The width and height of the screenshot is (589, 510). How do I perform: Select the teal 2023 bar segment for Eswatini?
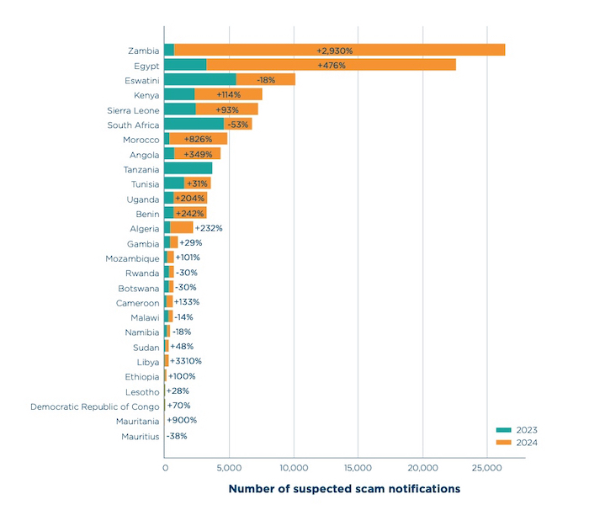pos(199,80)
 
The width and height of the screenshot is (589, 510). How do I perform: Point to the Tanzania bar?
pos(188,169)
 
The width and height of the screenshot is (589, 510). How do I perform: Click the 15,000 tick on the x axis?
pos(358,467)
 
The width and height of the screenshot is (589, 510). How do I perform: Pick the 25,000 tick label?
pos(486,467)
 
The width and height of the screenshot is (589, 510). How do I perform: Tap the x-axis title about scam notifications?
pos(345,488)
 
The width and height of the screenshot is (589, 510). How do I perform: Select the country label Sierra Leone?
pos(133,110)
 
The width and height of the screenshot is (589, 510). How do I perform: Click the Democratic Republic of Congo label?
pos(95,406)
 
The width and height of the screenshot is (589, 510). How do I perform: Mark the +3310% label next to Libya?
pos(185,361)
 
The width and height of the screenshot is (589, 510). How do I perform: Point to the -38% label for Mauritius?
pos(177,436)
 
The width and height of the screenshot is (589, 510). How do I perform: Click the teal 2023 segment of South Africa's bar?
pos(194,125)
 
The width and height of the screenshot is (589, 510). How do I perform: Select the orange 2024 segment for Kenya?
pos(229,95)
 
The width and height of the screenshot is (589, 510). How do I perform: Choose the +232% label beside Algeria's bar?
pos(209,228)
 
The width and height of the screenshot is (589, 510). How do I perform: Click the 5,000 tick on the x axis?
pos(229,467)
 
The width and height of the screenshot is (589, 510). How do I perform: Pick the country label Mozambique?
pos(133,258)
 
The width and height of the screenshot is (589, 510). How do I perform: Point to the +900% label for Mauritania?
pos(182,421)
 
